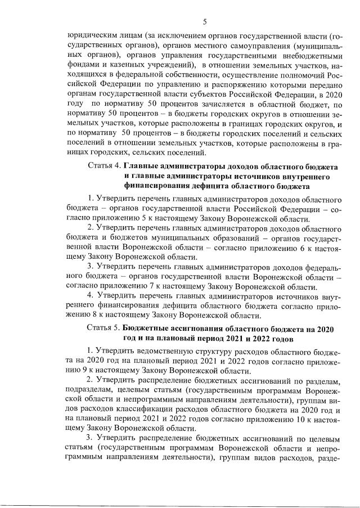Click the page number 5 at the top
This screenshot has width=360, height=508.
point(205,22)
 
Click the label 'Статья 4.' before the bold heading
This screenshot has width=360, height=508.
point(105,167)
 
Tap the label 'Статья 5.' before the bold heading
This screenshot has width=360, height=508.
point(105,328)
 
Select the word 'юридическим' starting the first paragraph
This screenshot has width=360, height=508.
point(88,35)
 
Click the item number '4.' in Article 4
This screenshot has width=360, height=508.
point(90,296)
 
